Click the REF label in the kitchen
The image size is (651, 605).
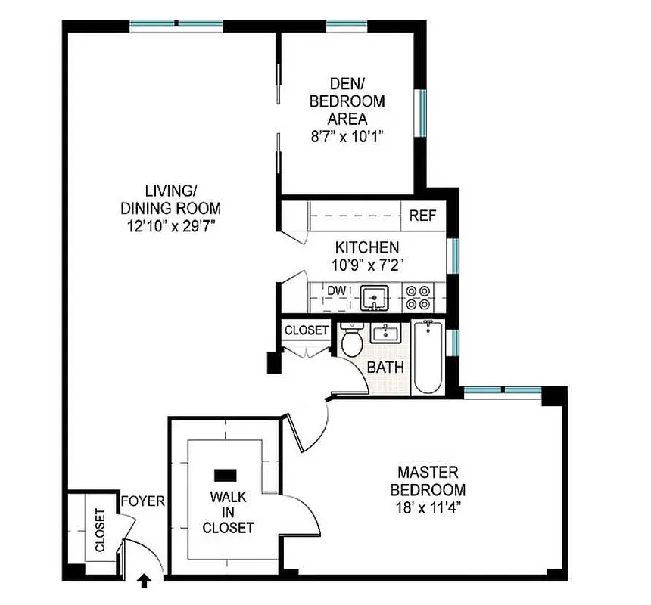coord(423,216)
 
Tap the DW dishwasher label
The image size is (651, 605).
coord(337,290)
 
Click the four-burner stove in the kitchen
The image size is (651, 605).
coord(416,297)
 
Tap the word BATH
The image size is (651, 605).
coord(385,368)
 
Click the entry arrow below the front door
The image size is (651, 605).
coord(144,581)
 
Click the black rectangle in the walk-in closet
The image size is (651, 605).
coord(226,475)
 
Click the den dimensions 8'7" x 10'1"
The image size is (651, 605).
coord(347,136)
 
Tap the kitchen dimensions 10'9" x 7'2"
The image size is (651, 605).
coord(367,265)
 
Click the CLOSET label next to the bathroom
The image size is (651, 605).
coord(307,330)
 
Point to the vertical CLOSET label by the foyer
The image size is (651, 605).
coord(99,529)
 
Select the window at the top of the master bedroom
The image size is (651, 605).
coord(502,391)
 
